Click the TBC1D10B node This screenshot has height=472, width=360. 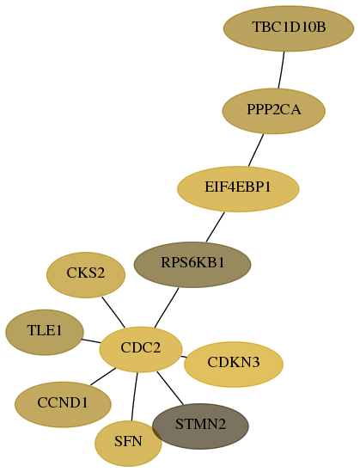(x=289, y=28)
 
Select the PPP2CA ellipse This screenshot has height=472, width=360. (x=274, y=111)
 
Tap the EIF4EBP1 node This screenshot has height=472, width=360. (x=238, y=189)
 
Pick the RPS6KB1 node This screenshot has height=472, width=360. (x=192, y=264)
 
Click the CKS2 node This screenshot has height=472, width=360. (x=86, y=275)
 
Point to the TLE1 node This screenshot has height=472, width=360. (x=45, y=332)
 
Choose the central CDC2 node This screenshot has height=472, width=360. (x=141, y=349)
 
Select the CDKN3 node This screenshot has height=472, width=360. (x=234, y=365)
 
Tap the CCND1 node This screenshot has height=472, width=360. (x=63, y=404)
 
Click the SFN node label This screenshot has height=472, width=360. (x=128, y=442)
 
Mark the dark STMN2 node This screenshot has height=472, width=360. (x=200, y=426)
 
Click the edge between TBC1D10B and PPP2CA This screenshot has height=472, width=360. (x=282, y=70)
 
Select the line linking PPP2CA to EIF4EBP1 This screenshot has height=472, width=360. (x=256, y=150)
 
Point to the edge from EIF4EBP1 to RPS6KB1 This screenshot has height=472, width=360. (x=216, y=227)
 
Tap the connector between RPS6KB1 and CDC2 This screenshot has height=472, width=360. (x=167, y=308)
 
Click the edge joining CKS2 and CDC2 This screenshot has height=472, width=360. (x=113, y=312)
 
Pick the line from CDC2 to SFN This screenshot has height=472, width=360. (x=134, y=396)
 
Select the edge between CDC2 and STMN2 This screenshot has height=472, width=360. (x=170, y=388)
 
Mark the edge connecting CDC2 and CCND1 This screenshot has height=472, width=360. (x=103, y=377)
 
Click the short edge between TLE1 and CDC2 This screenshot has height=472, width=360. (x=91, y=340)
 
